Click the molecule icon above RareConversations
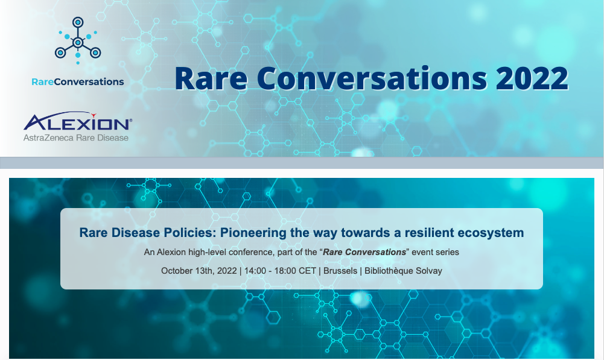tap(78, 40)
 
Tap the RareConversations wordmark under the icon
tap(78, 81)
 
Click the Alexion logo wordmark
tap(77, 122)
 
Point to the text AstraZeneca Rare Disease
tap(76, 138)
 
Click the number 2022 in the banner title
tap(532, 78)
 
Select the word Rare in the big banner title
tap(211, 78)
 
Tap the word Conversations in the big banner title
tap(372, 78)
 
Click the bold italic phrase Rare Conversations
tap(364, 252)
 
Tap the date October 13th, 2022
tap(199, 271)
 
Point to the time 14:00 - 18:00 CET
tap(280, 271)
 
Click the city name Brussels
tap(340, 271)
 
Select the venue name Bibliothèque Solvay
tap(403, 271)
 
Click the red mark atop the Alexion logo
tap(93, 115)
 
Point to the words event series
tap(435, 252)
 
